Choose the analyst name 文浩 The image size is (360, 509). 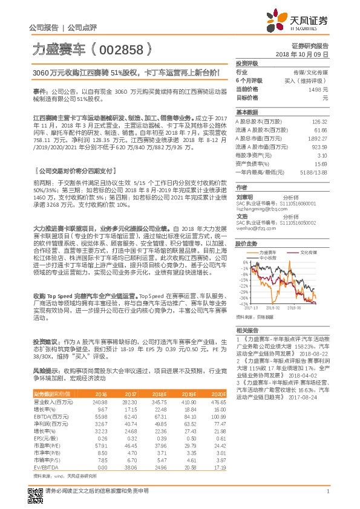[x=242, y=216]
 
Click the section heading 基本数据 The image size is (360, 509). [x=247, y=113]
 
